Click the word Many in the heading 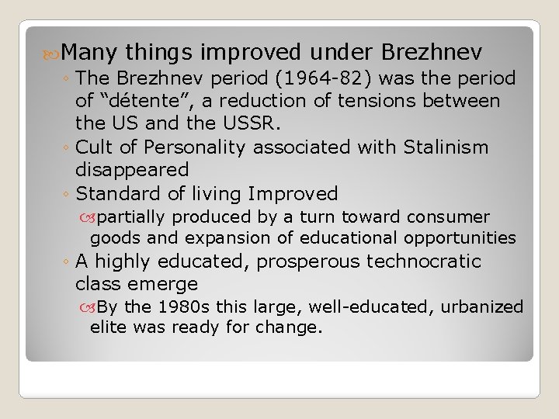point(89,52)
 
